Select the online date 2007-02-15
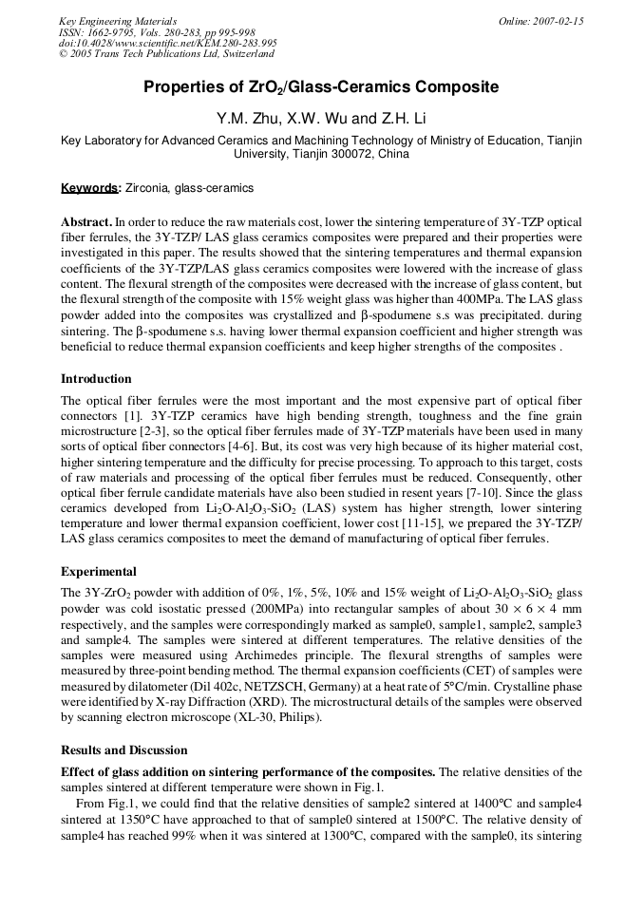pos(559,21)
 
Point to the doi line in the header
pos(168,44)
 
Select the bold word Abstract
pos(87,220)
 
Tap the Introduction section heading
pos(96,379)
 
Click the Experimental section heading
pos(99,572)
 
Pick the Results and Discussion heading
pos(124,750)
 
